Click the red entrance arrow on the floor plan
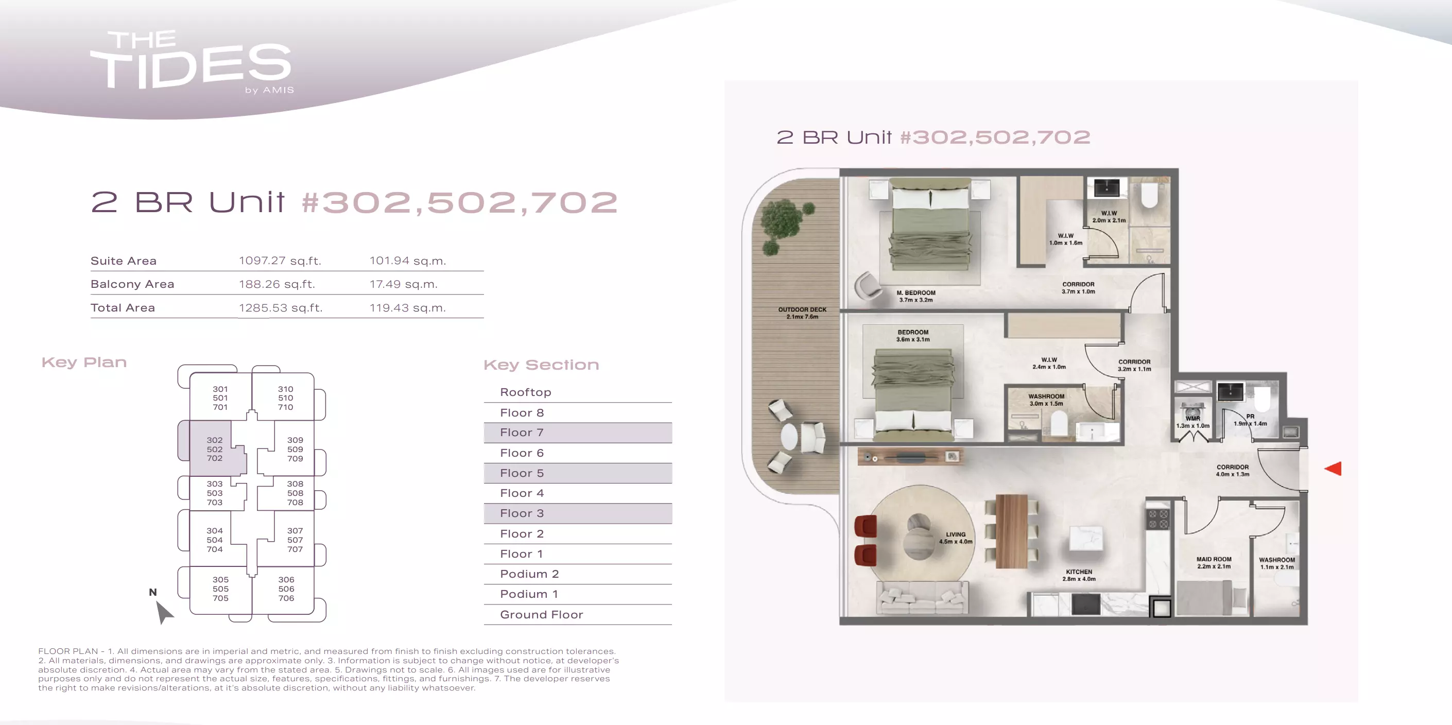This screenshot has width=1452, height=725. [x=1334, y=468]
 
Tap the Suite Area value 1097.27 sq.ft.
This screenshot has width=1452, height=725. [x=280, y=261]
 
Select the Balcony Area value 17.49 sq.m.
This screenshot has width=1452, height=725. [x=404, y=284]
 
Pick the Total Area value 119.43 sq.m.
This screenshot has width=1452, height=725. [x=407, y=308]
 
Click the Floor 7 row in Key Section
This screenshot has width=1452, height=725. [x=578, y=433]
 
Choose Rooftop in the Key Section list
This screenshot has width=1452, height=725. [x=525, y=392]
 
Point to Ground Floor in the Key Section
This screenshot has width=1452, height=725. [x=541, y=614]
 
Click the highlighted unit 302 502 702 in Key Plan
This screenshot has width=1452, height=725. [x=214, y=449]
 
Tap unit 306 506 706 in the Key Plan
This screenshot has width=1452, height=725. [x=286, y=589]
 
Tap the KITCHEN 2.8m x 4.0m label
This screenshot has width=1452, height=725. [x=1079, y=575]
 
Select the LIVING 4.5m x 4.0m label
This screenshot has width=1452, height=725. [x=956, y=538]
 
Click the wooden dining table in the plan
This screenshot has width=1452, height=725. [x=1011, y=531]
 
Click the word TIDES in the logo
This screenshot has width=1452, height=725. [x=191, y=66]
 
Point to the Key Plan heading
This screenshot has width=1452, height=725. [x=84, y=362]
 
